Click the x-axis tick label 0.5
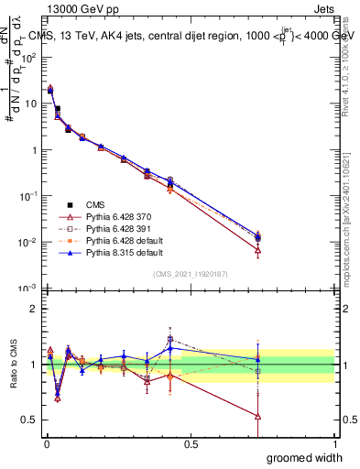(x=191, y=443)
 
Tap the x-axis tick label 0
(x=46, y=443)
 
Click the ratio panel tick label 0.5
(x=27, y=420)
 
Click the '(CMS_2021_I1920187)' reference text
(x=191, y=274)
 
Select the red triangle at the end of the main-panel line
(x=257, y=250)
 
